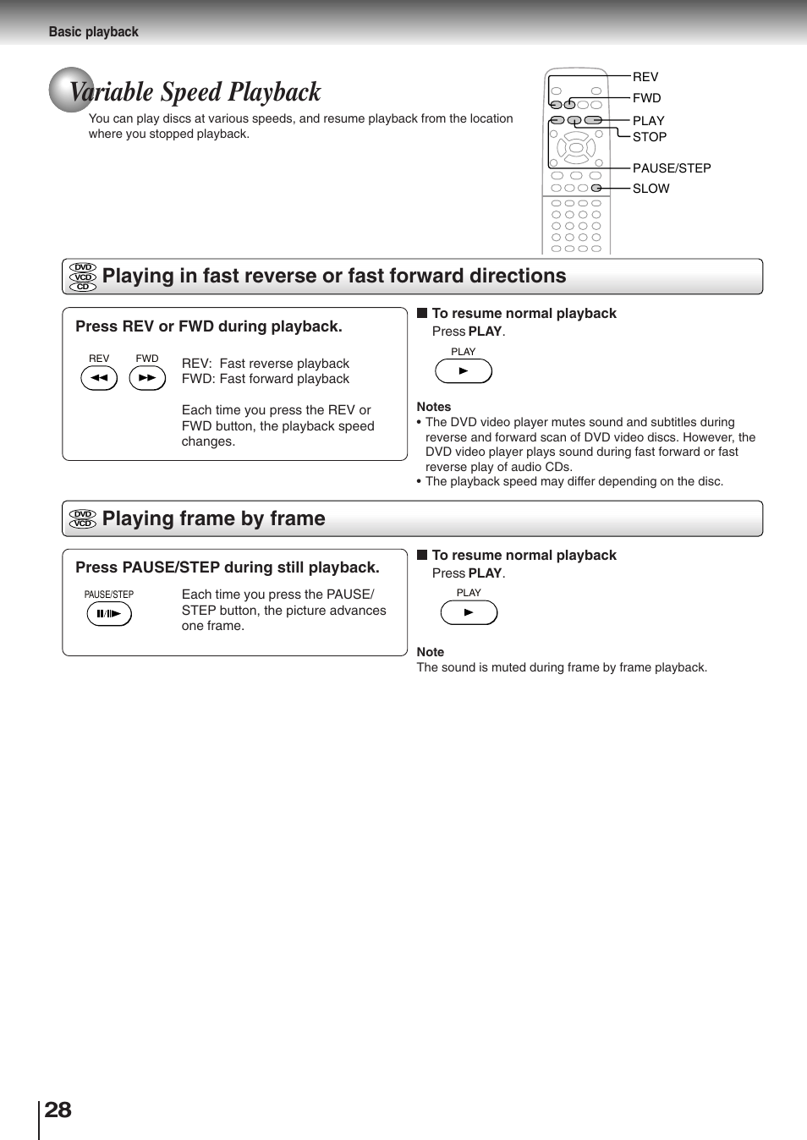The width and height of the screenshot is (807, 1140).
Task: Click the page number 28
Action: tap(58, 1110)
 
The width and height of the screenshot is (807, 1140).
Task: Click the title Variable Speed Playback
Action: tap(195, 91)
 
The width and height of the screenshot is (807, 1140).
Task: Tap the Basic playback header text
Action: tap(93, 31)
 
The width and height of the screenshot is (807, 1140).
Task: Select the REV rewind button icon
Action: tap(99, 378)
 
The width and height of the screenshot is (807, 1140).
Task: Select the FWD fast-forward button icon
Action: tap(147, 378)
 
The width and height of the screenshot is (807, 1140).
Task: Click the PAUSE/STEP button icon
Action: tap(109, 614)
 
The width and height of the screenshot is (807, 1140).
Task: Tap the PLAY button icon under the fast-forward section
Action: tap(463, 371)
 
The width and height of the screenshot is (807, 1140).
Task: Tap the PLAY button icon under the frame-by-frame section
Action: tap(469, 612)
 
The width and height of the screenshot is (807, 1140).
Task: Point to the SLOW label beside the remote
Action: tap(651, 189)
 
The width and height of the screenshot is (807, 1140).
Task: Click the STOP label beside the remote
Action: tap(649, 137)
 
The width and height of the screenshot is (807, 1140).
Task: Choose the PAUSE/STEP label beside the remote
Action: tap(671, 168)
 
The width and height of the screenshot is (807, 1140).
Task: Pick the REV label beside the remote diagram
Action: tap(645, 77)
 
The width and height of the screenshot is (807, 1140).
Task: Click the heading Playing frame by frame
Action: tap(213, 518)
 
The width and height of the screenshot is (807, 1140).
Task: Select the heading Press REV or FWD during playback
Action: tap(209, 326)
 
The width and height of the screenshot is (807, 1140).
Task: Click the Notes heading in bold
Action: tap(433, 407)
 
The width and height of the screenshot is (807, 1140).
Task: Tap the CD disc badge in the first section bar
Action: tap(83, 287)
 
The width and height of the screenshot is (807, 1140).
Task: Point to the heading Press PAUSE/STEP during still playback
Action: tap(228, 567)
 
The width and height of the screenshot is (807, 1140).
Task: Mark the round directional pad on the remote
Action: tap(576, 148)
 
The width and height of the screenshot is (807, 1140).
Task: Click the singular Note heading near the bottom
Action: tap(430, 652)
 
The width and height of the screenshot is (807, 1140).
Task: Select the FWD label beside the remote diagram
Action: tap(646, 98)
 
